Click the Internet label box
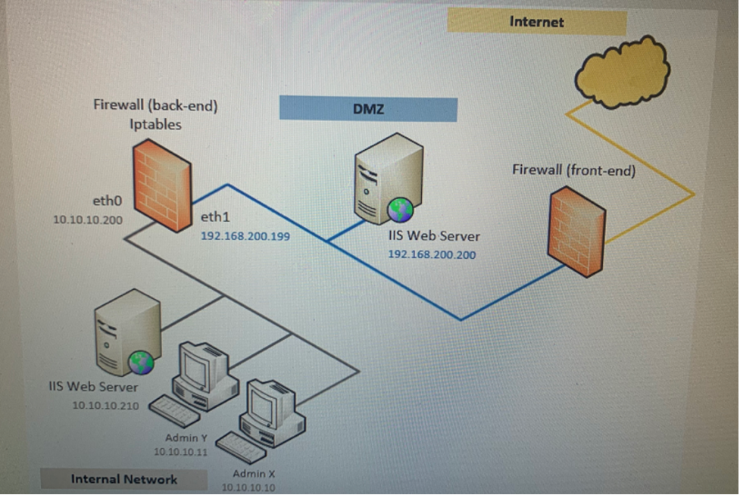[536, 22]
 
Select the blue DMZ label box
[368, 109]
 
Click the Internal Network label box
[123, 479]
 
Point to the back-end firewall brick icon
[161, 185]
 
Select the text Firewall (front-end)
[573, 170]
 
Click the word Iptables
[155, 124]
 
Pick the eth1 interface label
[215, 217]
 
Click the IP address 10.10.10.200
[87, 219]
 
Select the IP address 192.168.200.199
[245, 236]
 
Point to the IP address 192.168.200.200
[432, 254]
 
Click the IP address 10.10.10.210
[105, 405]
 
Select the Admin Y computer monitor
[201, 369]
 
